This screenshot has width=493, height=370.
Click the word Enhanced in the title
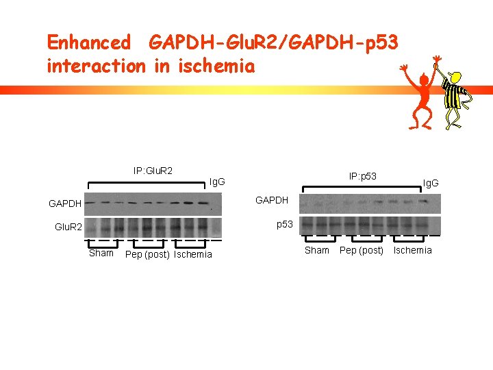pos(88,42)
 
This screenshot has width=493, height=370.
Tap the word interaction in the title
pos(96,66)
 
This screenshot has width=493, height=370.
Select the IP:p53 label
pos(362,177)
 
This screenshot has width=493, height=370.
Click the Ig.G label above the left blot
pos(217,182)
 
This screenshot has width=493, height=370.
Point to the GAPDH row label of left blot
pos(65,203)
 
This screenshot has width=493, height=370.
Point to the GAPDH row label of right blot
pos(272,200)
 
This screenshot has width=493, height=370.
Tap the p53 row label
pos(285,224)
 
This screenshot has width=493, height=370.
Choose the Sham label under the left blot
pos(101,253)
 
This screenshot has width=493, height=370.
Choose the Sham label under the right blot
pos(316,250)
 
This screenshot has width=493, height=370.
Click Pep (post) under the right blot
pos(362,251)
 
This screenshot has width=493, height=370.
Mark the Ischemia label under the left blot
pos(193,255)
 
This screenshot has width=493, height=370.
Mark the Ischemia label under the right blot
pos(412,250)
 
